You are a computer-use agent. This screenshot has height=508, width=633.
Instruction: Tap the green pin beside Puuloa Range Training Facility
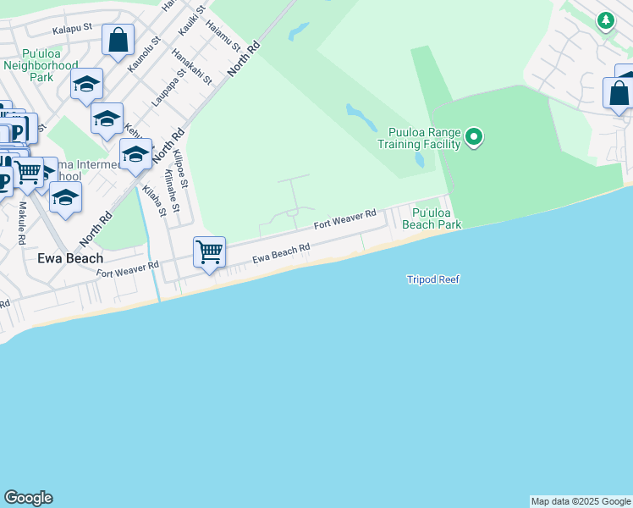(474, 136)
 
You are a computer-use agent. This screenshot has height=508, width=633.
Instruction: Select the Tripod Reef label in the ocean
(432, 279)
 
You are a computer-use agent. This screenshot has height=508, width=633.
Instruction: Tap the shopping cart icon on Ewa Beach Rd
(209, 252)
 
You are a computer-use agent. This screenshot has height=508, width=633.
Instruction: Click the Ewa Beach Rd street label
(281, 251)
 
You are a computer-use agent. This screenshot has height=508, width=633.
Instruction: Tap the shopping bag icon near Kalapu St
(118, 39)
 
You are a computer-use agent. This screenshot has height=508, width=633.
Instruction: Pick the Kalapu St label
(71, 29)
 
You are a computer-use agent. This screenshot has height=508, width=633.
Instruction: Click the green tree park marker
(605, 20)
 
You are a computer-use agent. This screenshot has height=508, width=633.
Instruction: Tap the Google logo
(28, 498)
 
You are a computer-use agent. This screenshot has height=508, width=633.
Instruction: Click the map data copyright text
(581, 501)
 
